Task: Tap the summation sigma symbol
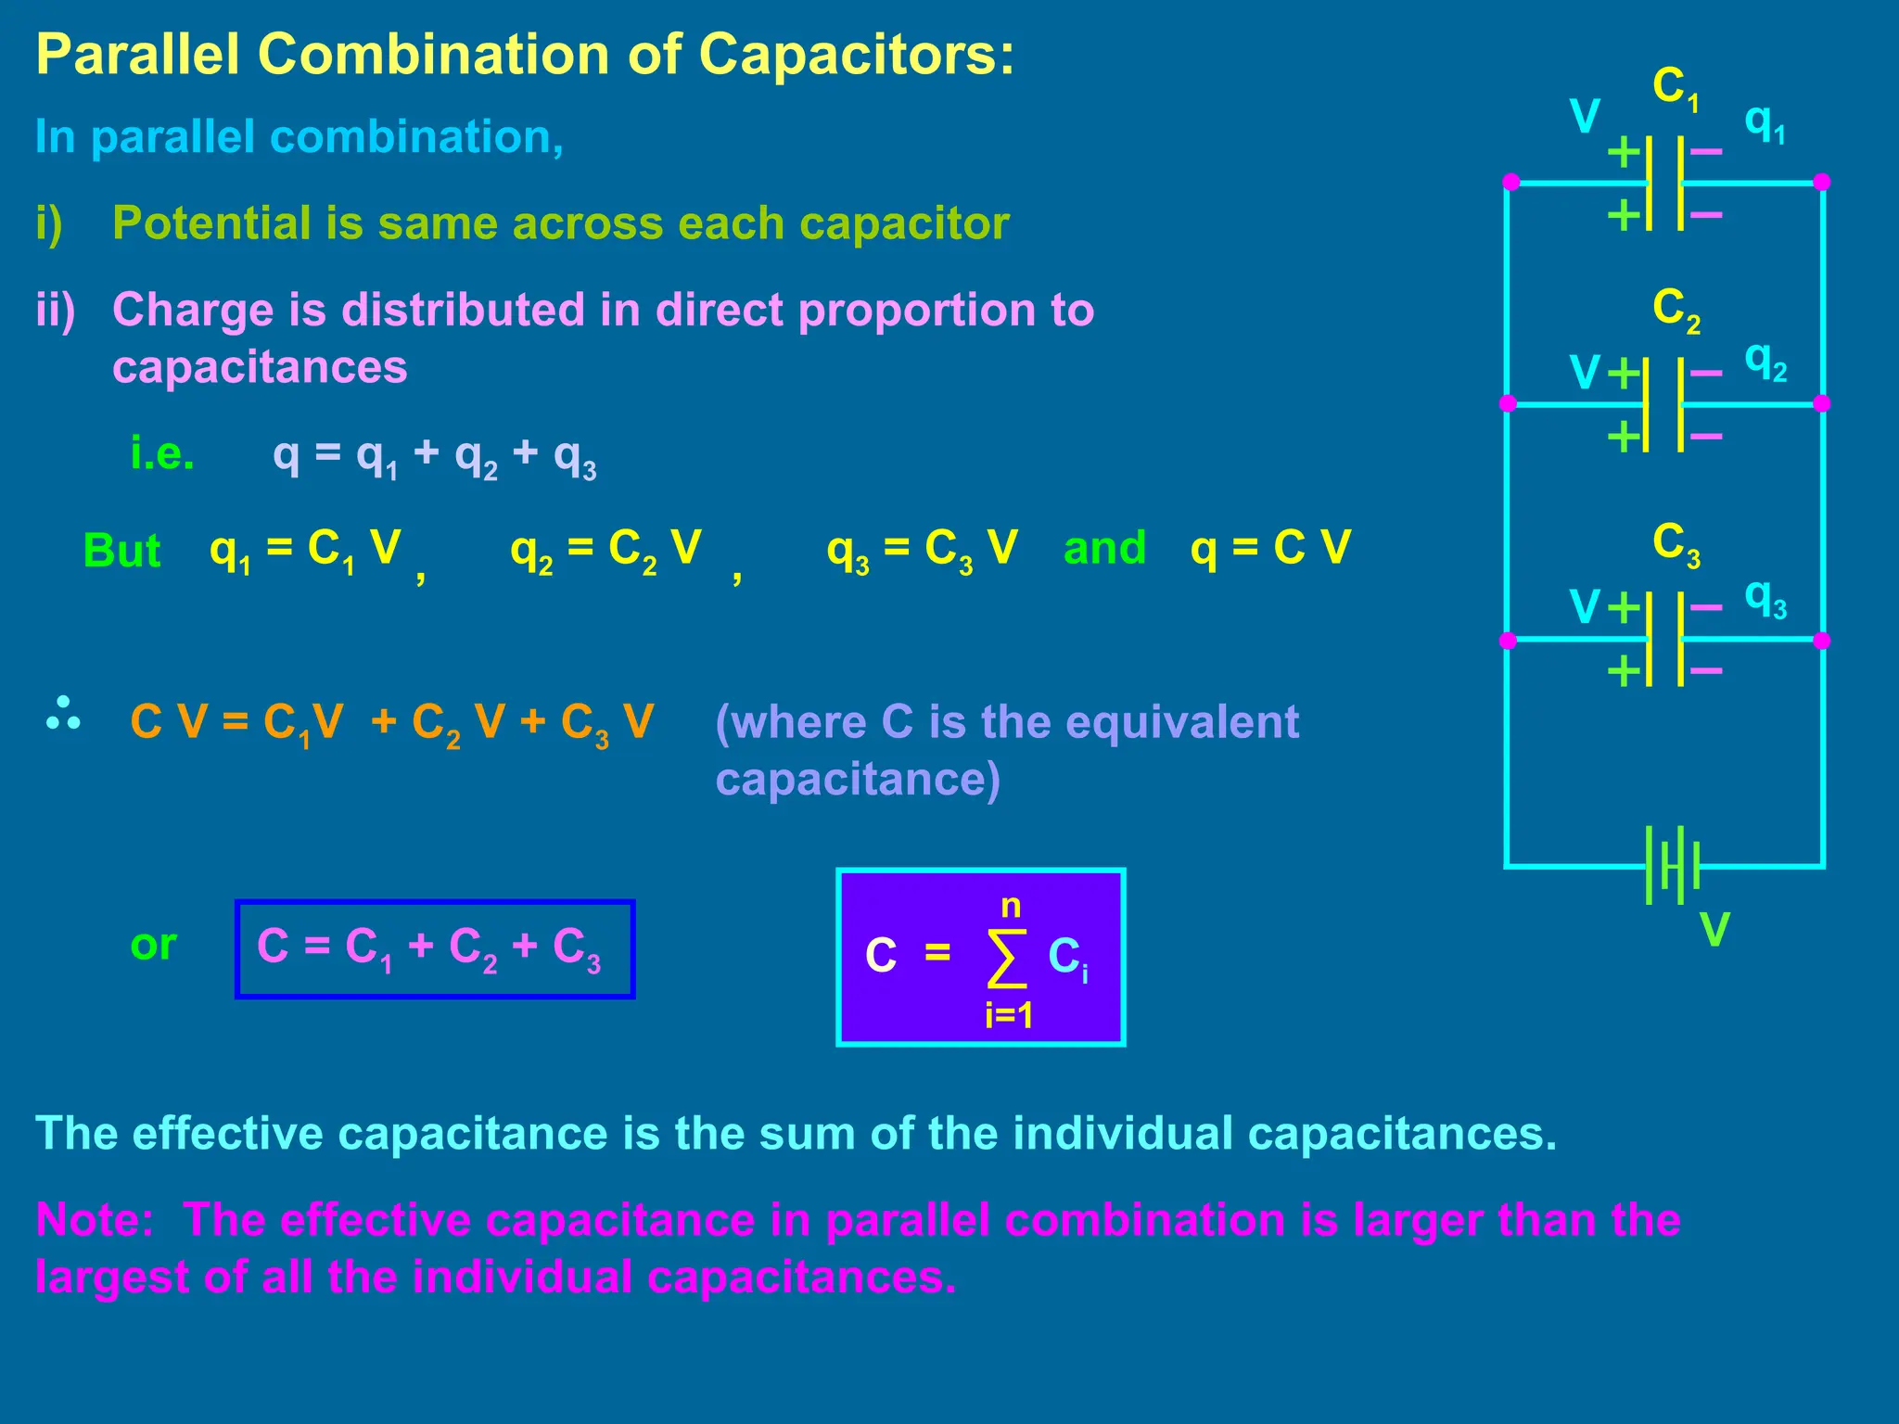(1007, 959)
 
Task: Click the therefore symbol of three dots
(63, 713)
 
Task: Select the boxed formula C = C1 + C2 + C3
(434, 948)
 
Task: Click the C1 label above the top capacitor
(1676, 89)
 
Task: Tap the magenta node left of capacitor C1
(1510, 182)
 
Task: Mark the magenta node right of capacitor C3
(1821, 641)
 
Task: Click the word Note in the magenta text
(94, 1219)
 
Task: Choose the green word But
(121, 551)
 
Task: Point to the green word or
(153, 945)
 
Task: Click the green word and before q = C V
(1104, 548)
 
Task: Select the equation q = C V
(1270, 548)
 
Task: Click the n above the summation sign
(1011, 906)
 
